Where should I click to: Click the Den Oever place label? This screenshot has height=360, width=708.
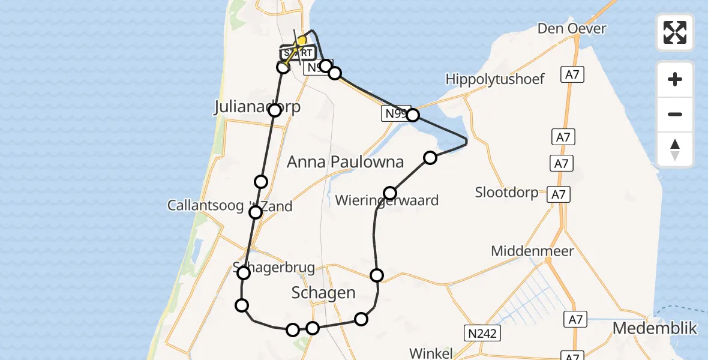571,29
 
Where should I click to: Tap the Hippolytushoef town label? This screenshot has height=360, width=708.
494,79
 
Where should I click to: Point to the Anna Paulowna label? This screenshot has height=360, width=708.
345,162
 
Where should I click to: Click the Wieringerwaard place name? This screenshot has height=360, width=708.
386,201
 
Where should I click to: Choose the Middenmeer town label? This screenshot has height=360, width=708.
532,251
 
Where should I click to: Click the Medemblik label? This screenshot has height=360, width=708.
655,329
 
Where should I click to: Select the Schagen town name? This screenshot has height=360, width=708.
323,293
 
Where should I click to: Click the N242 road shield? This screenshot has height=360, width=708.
482,334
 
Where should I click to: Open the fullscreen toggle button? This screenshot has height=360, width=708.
675,32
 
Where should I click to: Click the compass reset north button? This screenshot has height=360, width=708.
675,149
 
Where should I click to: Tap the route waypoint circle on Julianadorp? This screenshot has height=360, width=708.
275,110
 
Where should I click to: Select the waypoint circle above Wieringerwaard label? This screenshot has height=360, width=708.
390,193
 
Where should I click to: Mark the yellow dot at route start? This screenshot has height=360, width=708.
301,41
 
